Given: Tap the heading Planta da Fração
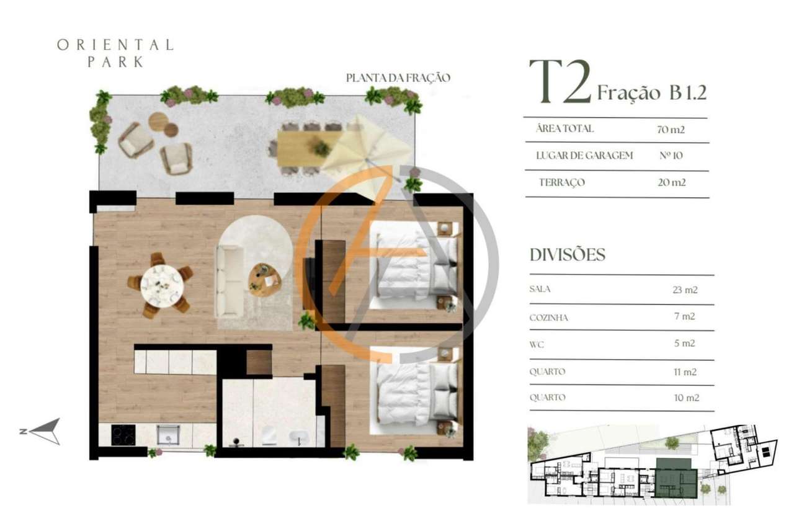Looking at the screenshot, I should point(398,78).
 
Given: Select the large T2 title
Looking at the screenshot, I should point(559,83).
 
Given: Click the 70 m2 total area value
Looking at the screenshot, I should point(671,130).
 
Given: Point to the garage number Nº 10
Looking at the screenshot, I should point(670,156).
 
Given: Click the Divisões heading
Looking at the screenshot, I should point(567,255).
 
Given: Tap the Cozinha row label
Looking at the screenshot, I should point(549,318).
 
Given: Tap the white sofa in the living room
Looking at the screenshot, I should point(230,281).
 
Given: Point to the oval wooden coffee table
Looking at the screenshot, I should point(264,280).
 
